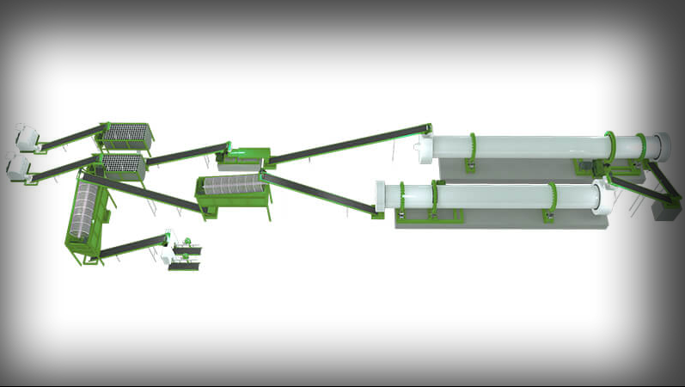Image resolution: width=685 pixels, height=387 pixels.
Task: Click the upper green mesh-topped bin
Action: coord(126,135)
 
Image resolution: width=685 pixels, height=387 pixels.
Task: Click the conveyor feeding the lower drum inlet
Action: coord(318,193)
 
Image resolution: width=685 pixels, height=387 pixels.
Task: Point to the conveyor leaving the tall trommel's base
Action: coord(133,244)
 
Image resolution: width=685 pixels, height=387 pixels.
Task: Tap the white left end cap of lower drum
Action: coord(385,196)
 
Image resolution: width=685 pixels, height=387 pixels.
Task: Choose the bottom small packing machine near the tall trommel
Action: coord(183,264)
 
